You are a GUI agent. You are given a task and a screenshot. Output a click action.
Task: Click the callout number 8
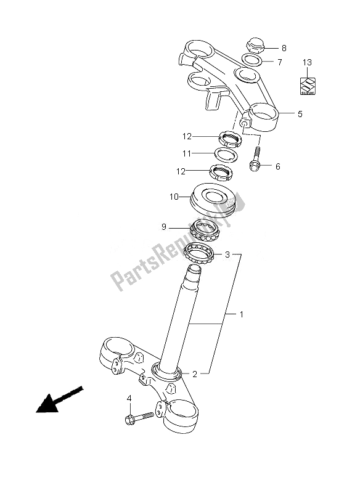pos(284,48)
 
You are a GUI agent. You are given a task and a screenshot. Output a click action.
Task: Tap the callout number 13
pos(308,62)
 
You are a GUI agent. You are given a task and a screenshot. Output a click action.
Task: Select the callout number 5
pos(300,114)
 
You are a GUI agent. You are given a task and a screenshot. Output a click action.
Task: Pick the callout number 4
pos(129,400)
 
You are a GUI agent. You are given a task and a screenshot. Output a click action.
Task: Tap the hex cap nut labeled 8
pos(255,46)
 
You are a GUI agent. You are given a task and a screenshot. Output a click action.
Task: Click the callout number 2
pos(194,373)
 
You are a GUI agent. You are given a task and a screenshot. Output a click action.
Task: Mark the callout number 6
pos(277,166)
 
